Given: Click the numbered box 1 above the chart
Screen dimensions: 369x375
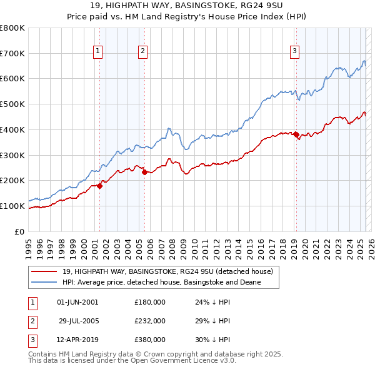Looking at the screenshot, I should (x=99, y=52).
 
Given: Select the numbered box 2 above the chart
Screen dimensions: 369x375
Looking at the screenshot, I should (x=143, y=52).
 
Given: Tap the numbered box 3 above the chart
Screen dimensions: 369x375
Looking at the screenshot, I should (x=294, y=52).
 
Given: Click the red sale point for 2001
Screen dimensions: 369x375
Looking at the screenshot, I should (x=99, y=185).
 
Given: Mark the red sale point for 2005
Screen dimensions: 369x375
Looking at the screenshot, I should (x=144, y=172).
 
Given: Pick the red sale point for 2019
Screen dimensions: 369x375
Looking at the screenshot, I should (x=296, y=134).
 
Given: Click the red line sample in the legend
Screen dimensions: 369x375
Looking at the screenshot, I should (x=44, y=272).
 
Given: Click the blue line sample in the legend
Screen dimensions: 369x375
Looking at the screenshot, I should (x=44, y=282).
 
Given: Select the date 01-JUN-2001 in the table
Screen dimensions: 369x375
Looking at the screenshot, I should (x=77, y=302).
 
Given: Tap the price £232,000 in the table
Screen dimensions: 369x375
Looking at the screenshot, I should (x=150, y=321).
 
